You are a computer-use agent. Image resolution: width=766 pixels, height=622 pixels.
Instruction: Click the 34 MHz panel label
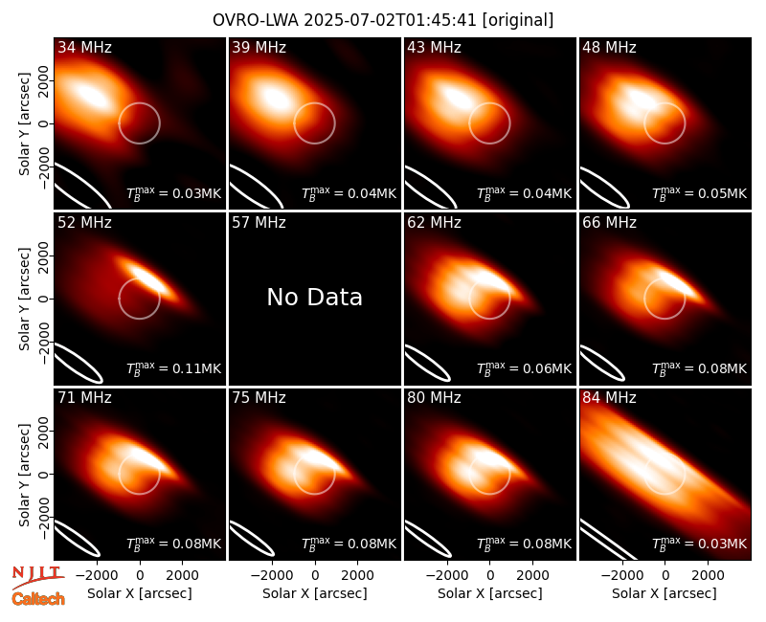point(84,47)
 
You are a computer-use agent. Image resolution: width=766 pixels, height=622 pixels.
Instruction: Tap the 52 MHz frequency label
point(84,223)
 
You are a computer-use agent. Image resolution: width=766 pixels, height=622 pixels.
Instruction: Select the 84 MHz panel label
point(609,398)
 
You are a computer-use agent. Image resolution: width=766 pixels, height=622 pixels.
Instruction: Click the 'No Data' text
point(315,297)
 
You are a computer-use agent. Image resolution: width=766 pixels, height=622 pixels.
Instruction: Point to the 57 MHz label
point(259,223)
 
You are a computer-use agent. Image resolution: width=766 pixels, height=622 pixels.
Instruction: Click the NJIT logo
point(38,577)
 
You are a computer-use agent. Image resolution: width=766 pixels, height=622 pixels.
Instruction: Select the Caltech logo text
point(38,599)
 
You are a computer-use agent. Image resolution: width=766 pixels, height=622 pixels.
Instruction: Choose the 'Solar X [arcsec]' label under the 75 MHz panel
point(315,593)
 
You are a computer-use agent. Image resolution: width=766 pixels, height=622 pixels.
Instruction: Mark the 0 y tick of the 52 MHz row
point(44,299)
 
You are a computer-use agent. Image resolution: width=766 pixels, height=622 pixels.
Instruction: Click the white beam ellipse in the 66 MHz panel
point(601,363)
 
